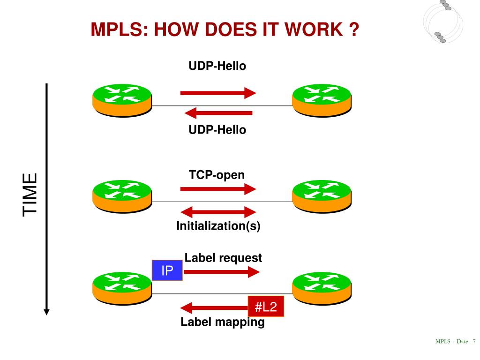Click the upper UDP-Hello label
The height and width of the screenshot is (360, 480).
pos(217,66)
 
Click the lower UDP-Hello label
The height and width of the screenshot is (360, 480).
pos(217,130)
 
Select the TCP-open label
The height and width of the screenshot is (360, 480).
pos(217,175)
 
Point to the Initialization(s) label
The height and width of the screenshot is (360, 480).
pos(218,226)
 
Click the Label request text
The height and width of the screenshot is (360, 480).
pos(223,258)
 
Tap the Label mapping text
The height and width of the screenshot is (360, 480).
pos(223,322)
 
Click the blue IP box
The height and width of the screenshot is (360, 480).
pos(167,270)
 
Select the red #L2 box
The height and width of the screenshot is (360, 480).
pos(266,307)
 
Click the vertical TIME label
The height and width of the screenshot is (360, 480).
pos(30,194)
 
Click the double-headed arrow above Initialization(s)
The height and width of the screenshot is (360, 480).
pos(218,210)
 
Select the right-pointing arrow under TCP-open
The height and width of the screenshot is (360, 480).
pos(218,189)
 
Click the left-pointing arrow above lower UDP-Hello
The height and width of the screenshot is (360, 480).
pos(219,113)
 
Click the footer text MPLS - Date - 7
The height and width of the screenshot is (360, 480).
pos(455,341)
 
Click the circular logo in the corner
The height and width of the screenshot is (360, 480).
pos(443,21)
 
